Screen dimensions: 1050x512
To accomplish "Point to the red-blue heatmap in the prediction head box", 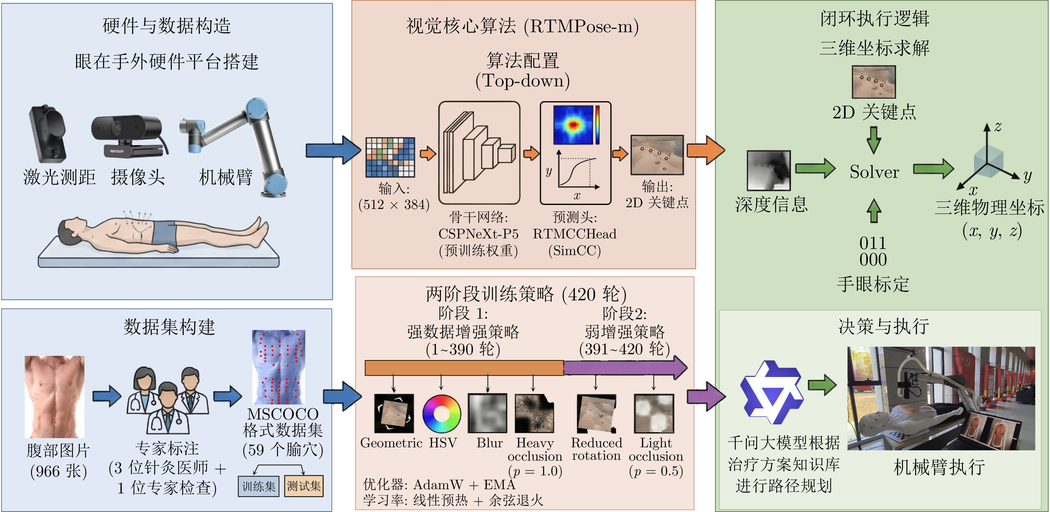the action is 573,124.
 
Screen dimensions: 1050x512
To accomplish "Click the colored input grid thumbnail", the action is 390,157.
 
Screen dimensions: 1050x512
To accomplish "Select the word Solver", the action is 874,172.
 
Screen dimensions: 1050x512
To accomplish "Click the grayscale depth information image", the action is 768,170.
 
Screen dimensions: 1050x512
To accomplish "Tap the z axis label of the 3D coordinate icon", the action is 997,127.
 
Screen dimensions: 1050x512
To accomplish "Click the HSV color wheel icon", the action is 441,414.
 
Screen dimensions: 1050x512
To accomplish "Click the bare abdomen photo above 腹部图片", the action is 55,397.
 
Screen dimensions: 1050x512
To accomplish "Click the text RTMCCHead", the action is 574,234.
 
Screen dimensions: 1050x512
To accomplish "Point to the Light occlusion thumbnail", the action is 654,413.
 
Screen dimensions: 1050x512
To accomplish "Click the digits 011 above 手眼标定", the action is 873,243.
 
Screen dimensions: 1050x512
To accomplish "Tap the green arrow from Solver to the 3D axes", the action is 933,169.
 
